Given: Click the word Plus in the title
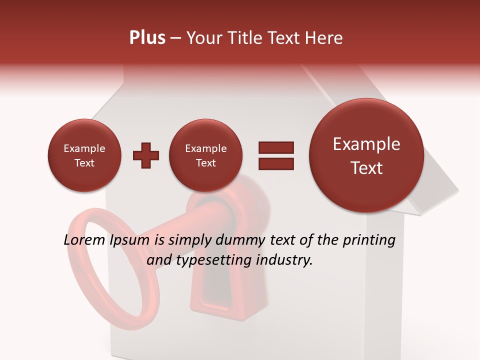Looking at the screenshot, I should click(147, 38).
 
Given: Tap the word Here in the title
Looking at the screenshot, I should click(324, 38).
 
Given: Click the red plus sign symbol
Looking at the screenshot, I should click(146, 155).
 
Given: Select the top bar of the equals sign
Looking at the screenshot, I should click(275, 147).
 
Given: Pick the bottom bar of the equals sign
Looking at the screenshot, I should click(275, 163).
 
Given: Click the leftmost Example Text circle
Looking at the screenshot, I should click(84, 155).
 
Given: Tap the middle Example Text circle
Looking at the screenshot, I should click(205, 155).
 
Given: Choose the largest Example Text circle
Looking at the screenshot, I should click(366, 155).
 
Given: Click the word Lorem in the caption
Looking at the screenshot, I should click(82, 240).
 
